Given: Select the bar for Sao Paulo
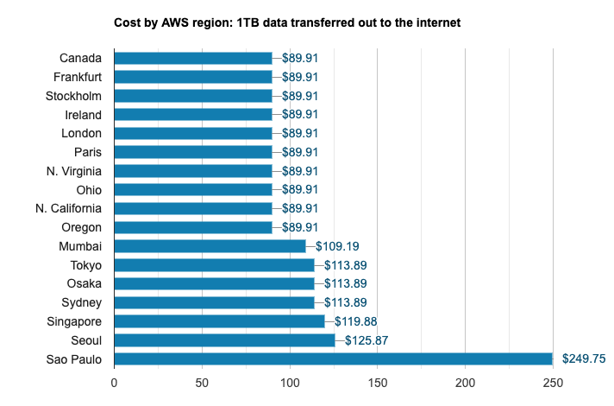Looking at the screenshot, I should (333, 358).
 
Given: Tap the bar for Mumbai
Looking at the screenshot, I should (210, 246).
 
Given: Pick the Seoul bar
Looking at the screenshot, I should (224, 340).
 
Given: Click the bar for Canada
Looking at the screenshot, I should (193, 59).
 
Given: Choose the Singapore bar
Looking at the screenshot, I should (219, 321).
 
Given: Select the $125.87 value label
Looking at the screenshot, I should (367, 340).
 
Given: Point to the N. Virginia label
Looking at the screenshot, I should (74, 171).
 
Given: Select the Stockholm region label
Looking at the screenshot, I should (73, 96).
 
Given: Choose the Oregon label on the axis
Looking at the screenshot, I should (82, 227).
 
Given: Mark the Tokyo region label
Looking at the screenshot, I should (85, 265).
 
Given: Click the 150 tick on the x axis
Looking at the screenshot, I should (378, 382).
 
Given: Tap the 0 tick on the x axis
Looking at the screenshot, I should (114, 382).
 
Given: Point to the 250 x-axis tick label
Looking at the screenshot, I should (553, 382).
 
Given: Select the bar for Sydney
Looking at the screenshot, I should (214, 302).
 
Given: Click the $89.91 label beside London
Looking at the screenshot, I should (300, 133).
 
